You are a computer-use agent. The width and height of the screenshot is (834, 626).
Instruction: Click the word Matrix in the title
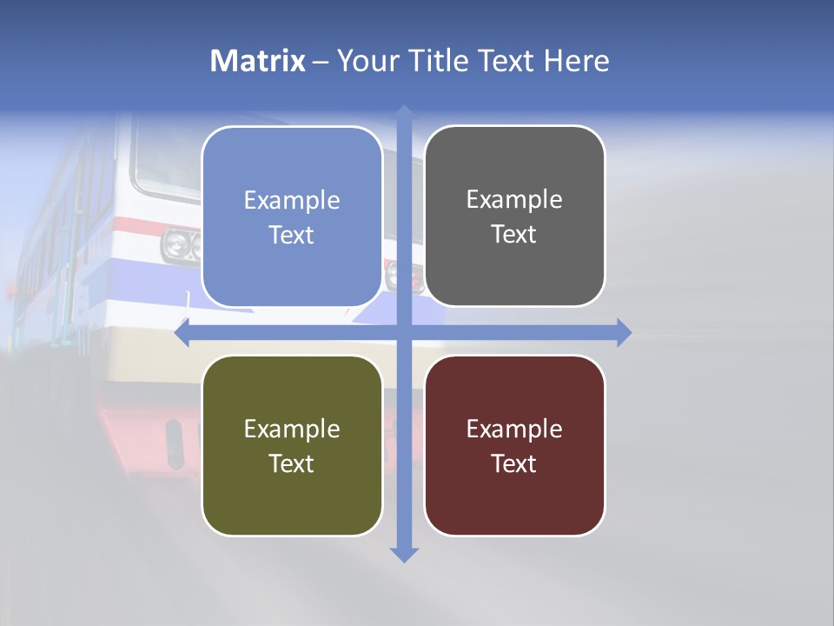(257, 61)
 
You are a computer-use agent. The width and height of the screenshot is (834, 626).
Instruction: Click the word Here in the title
(576, 61)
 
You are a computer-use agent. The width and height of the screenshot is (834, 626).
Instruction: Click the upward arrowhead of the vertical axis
(404, 112)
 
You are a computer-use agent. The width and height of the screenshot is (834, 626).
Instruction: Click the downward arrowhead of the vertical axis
(404, 555)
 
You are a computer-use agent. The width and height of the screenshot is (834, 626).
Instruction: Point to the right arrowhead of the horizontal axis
(624, 333)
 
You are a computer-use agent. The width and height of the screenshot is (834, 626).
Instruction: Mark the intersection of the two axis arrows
(404, 333)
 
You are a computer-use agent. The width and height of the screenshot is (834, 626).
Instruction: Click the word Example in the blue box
(292, 201)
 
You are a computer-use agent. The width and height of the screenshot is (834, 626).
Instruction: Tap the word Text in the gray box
(514, 235)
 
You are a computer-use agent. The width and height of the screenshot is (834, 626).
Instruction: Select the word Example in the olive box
(292, 429)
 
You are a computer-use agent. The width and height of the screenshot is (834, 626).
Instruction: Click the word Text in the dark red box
(514, 463)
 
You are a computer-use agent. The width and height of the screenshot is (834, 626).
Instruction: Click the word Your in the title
(360, 61)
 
